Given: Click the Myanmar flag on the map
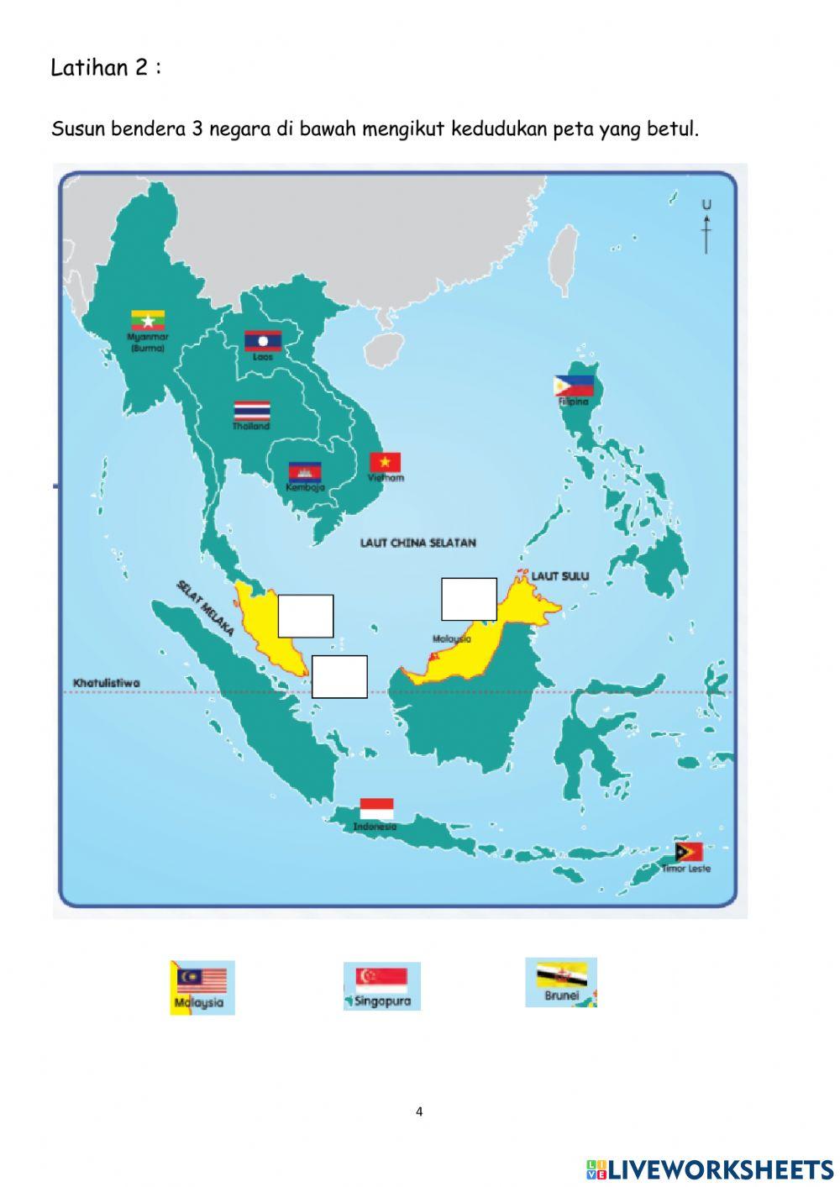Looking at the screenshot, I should tap(147, 320).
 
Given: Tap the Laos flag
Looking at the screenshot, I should tap(262, 340).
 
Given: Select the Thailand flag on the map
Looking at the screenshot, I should tap(252, 410).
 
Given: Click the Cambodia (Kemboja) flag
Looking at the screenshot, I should tap(305, 471).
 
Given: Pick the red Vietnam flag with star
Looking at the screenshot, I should tap(386, 462).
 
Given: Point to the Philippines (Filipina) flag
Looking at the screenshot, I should tap(573, 386).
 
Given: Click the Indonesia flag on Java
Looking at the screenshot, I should tap(376, 809).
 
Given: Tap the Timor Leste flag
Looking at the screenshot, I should tap(689, 852).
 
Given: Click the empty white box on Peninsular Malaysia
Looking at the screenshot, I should tap(306, 616).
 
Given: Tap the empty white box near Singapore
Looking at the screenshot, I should tap(339, 676).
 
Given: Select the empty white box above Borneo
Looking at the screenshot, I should tap(469, 599).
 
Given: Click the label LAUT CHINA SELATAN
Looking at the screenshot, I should tap(417, 543).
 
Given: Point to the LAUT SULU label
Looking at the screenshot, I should tap(560, 576).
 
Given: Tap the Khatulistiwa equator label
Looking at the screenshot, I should tap(107, 683).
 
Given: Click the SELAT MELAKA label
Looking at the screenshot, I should tap(205, 607).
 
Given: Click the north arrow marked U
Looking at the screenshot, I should tap(706, 226).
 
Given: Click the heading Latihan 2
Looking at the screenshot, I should tap(106, 68).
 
